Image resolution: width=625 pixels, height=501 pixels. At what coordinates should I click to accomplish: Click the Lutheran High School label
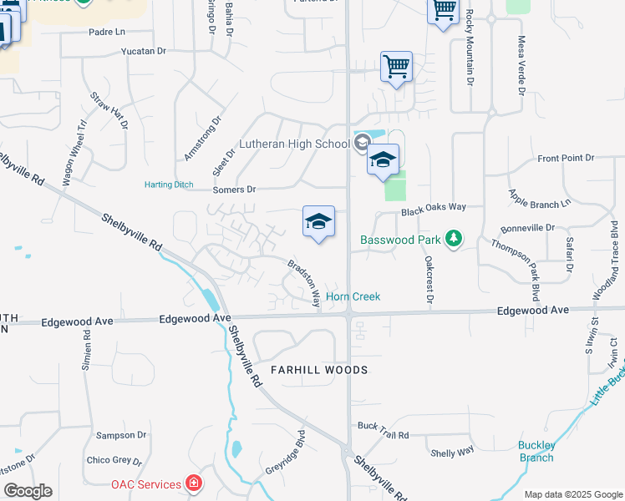pyautogui.click(x=294, y=144)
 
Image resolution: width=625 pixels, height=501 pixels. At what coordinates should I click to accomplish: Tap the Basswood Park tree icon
pyautogui.click(x=454, y=240)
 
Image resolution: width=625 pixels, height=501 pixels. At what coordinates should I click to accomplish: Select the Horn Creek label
pyautogui.click(x=353, y=296)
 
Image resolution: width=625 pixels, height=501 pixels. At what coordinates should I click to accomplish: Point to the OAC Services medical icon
pyautogui.click(x=194, y=483)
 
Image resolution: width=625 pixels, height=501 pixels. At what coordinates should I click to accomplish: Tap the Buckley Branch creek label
pyautogui.click(x=536, y=451)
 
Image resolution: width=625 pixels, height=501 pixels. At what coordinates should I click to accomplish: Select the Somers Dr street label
pyautogui.click(x=234, y=190)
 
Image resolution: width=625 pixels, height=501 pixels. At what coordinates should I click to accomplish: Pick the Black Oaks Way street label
pyautogui.click(x=432, y=212)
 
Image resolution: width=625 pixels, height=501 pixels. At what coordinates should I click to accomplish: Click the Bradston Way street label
pyautogui.click(x=305, y=284)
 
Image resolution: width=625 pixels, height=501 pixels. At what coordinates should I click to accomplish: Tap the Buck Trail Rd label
pyautogui.click(x=383, y=435)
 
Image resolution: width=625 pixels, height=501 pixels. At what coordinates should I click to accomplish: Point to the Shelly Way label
pyautogui.click(x=452, y=452)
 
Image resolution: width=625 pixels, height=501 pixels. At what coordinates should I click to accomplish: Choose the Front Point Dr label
pyautogui.click(x=566, y=158)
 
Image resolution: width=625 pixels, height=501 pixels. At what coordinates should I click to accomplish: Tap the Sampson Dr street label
pyautogui.click(x=121, y=435)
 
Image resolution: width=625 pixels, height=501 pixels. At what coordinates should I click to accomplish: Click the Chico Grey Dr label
pyautogui.click(x=114, y=460)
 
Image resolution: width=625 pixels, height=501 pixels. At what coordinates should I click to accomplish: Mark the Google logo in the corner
pyautogui.click(x=28, y=491)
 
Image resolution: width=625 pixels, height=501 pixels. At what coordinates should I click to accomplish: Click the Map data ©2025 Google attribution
pyautogui.click(x=573, y=494)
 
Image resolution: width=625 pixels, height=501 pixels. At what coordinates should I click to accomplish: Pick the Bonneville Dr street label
pyautogui.click(x=527, y=227)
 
